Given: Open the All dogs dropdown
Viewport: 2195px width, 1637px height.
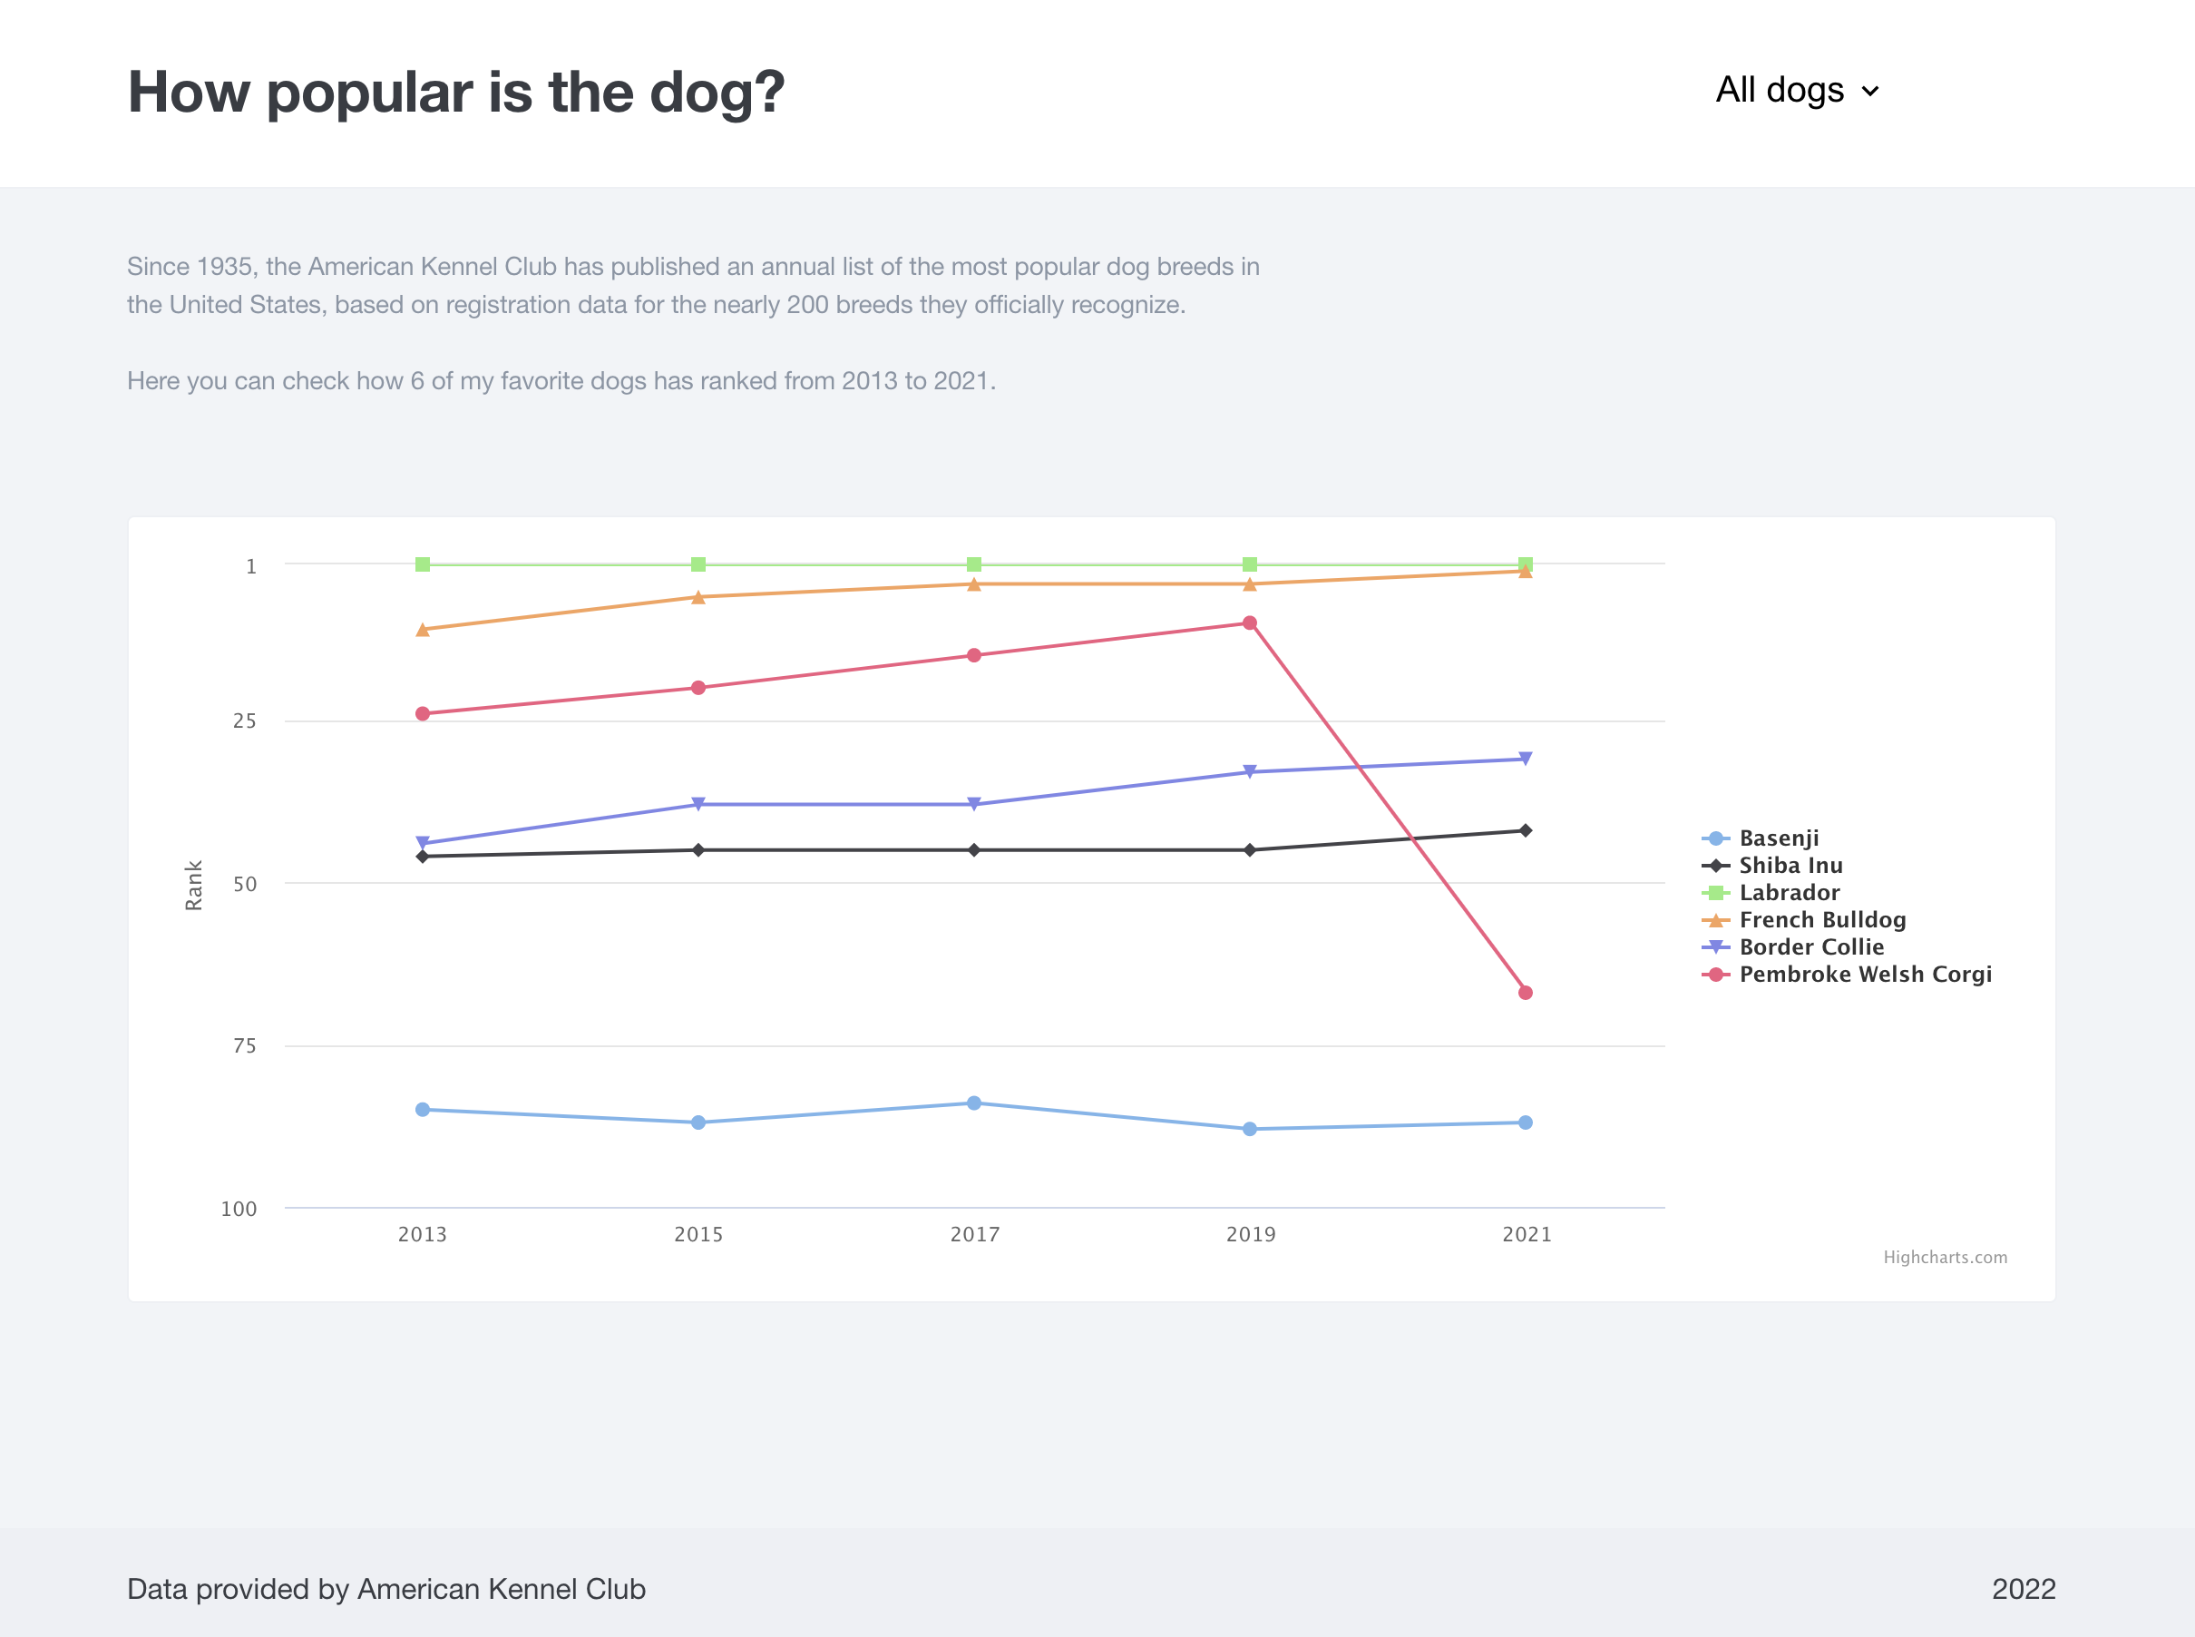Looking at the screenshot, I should point(1797,90).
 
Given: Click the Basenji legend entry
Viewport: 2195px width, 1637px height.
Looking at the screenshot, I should point(1778,838).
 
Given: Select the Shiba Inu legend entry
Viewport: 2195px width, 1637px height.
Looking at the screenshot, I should point(1790,865).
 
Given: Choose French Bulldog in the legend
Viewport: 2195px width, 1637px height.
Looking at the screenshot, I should point(1821,919).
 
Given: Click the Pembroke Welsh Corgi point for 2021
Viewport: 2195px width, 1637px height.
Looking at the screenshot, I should point(1526,992).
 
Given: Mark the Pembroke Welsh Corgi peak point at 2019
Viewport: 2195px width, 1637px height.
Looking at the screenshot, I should point(1249,623).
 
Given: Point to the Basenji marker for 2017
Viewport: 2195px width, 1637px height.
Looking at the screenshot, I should point(973,1103).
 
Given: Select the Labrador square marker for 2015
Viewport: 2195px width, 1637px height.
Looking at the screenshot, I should point(698,564).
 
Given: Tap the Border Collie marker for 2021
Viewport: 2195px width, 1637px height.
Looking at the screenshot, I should point(1526,759).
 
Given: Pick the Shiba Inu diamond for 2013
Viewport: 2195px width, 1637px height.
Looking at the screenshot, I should point(423,856).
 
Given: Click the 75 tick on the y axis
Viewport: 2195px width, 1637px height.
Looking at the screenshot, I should point(245,1045).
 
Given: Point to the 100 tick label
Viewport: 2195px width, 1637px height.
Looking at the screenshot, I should point(239,1209).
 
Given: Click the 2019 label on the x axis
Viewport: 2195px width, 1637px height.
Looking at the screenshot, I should point(1250,1235).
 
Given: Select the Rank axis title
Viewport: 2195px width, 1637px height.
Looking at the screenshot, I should point(193,885).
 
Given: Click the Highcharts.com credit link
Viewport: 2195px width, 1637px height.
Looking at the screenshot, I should point(1945,1258).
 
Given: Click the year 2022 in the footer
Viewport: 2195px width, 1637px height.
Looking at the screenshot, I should point(2023,1590).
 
